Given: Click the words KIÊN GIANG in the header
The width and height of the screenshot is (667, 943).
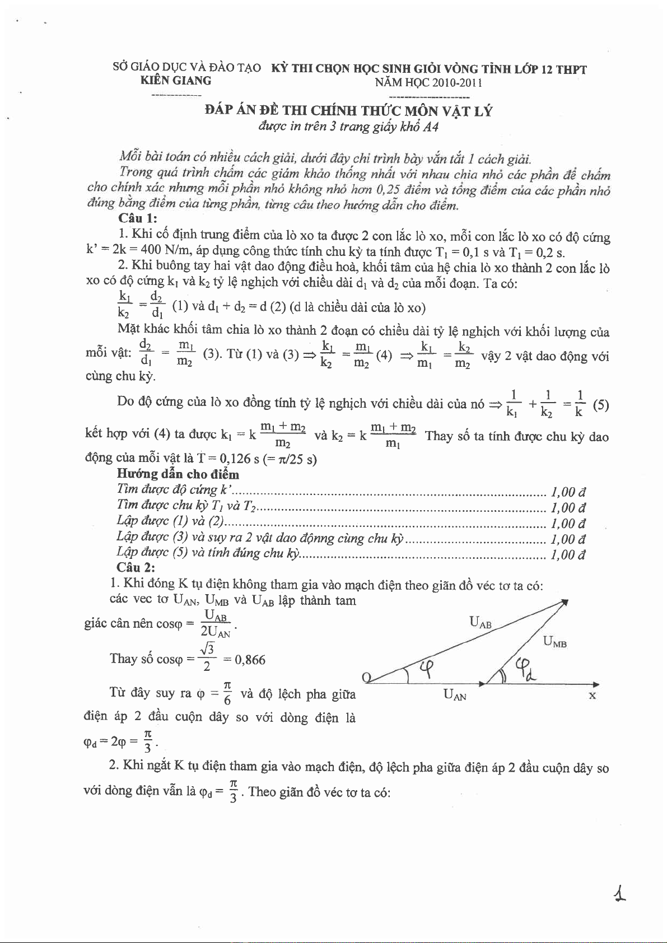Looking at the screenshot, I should tap(175, 81).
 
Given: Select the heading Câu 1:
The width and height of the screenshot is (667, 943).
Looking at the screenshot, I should tap(138, 219).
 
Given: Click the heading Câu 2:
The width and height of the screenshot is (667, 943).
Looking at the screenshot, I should tap(136, 568).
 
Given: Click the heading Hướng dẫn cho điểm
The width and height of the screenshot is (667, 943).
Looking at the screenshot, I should tap(178, 474).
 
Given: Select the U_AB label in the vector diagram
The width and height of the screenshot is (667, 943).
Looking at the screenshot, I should tap(480, 622).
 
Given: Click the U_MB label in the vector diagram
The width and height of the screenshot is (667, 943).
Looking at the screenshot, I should tap(554, 642).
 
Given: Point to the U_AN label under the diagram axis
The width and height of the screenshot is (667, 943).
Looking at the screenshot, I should tap(454, 695).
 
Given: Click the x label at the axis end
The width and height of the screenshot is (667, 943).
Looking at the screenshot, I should tap(592, 695).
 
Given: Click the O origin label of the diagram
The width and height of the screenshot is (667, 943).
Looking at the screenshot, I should tap(367, 679).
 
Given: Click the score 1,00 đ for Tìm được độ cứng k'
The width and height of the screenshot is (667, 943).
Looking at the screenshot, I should tap(568, 492).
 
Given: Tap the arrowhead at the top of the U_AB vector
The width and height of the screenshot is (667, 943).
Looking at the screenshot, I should tap(566, 601).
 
